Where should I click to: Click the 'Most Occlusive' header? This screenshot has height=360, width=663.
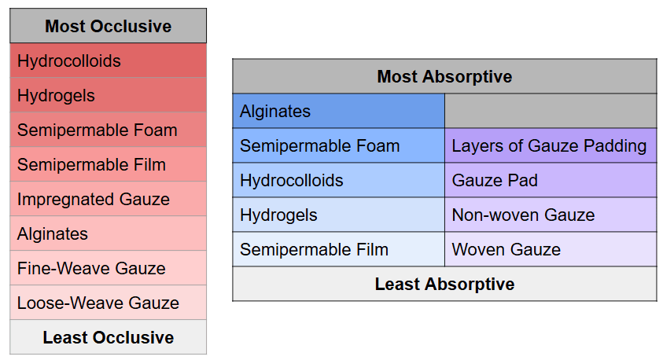[x=109, y=26]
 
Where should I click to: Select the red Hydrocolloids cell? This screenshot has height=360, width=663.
[x=109, y=61]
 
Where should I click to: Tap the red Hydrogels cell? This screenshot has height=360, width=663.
[x=109, y=95]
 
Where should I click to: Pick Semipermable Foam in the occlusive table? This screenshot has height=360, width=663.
[x=109, y=130]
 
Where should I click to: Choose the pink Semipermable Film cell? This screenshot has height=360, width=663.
[x=109, y=164]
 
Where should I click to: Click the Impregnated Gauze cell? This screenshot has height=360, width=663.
[x=109, y=199]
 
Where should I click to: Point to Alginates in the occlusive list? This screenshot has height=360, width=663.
[x=109, y=233]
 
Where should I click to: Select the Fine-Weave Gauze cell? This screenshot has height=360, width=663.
[x=109, y=268]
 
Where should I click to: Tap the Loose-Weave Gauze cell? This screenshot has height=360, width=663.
[x=109, y=303]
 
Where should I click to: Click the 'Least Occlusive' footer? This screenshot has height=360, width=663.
[x=109, y=337]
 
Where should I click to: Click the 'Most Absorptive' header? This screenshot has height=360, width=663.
[x=444, y=76]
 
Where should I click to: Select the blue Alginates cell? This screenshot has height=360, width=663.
[x=339, y=111]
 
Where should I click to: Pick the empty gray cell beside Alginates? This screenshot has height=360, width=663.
[x=551, y=111]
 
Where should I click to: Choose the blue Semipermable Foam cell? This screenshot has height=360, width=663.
[x=339, y=145]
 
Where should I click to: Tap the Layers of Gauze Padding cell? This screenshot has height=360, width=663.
[x=551, y=145]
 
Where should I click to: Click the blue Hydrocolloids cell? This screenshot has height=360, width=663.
[x=339, y=181]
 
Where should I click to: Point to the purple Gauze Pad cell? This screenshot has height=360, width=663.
[x=551, y=181]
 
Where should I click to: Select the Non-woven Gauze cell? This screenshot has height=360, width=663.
[x=551, y=215]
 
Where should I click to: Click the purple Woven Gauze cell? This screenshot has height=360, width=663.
[x=551, y=249]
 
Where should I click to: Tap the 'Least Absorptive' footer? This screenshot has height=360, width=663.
[x=444, y=284]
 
